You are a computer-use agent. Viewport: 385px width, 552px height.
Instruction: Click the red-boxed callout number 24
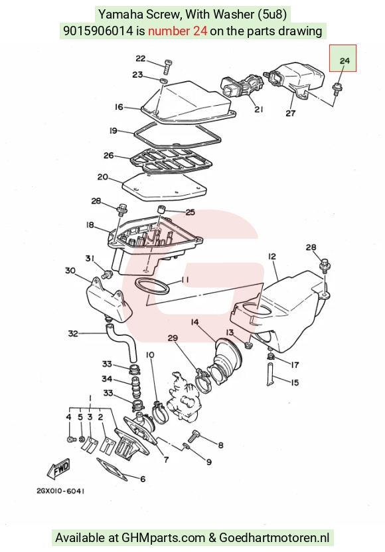click(x=345, y=61)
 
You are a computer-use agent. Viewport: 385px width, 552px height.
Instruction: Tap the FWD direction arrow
click(x=58, y=469)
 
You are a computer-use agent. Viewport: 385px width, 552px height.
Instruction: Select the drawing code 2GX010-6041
click(x=60, y=491)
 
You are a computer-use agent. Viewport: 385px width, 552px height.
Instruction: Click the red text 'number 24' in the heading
click(x=177, y=31)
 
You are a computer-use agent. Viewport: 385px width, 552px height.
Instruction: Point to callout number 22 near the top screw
click(x=141, y=59)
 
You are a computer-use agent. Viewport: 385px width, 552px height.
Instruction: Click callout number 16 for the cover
click(x=119, y=106)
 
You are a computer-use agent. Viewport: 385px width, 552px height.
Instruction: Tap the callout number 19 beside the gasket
click(x=113, y=130)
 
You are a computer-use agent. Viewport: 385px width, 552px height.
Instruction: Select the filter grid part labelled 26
click(x=172, y=162)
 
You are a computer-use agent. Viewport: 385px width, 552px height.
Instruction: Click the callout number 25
click(x=190, y=212)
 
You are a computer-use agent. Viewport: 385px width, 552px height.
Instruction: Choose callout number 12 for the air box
click(x=272, y=257)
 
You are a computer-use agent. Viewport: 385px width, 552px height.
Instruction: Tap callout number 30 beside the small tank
click(x=70, y=271)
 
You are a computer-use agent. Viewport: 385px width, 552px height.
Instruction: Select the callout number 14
click(x=195, y=322)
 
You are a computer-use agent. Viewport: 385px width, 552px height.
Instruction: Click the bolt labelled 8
click(x=193, y=436)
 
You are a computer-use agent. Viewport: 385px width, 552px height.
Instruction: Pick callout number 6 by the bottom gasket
click(x=143, y=479)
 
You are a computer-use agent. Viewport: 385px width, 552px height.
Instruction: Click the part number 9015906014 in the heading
click(x=98, y=31)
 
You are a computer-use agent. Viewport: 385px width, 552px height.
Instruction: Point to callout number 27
click(x=291, y=113)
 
